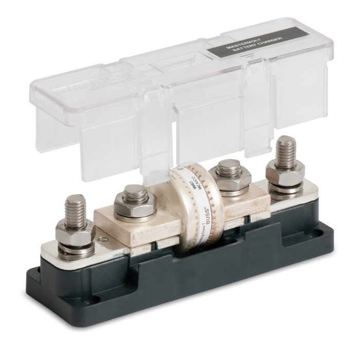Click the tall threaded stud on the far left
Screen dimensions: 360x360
pyautogui.click(x=74, y=208)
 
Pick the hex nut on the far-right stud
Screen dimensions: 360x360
pyautogui.click(x=284, y=177)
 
